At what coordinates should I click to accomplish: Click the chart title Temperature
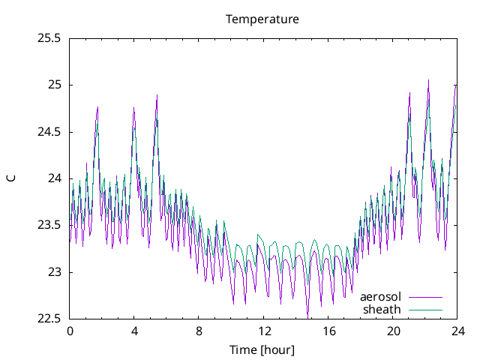click(x=262, y=19)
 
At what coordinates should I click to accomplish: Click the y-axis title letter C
click(x=10, y=178)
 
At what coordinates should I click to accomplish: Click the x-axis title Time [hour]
click(x=262, y=350)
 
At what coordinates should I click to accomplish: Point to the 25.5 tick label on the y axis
click(x=49, y=38)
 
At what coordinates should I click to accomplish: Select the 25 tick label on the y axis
click(x=55, y=85)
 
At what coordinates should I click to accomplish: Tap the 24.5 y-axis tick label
click(x=49, y=132)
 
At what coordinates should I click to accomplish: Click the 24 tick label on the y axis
click(x=55, y=178)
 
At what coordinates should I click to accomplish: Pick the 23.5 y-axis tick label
click(x=49, y=226)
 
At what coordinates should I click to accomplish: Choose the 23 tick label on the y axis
click(x=55, y=272)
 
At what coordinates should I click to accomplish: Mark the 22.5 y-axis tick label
click(x=49, y=319)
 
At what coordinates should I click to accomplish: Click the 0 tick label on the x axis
click(x=70, y=331)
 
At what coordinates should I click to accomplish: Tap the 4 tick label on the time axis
click(x=134, y=331)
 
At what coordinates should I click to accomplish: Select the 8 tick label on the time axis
click(x=199, y=331)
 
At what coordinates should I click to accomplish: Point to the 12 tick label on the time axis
click(x=264, y=331)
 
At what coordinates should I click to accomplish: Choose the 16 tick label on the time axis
click(x=328, y=331)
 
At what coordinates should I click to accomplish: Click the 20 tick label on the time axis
click(x=394, y=331)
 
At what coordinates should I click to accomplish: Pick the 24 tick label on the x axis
click(x=458, y=331)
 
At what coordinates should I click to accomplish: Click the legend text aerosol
click(x=381, y=297)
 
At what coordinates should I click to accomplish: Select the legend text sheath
click(x=382, y=309)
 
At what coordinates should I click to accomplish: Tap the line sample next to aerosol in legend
click(x=425, y=298)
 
